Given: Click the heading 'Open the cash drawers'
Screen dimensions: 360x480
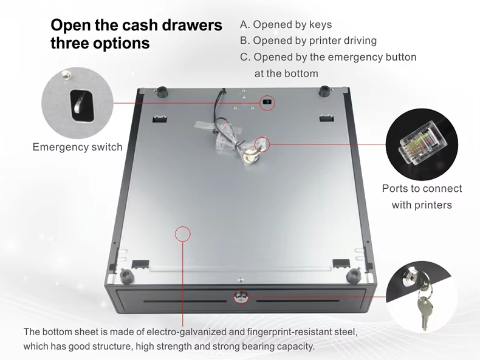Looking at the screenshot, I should [x=136, y=25].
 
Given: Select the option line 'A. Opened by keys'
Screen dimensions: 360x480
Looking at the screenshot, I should [x=286, y=25].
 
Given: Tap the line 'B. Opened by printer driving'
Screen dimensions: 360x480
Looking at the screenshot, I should [x=308, y=41].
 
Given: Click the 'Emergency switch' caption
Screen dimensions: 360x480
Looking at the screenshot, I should [x=77, y=147].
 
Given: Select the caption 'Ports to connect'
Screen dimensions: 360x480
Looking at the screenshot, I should [x=422, y=189].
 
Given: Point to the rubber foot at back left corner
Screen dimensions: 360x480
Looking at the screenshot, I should [x=162, y=91].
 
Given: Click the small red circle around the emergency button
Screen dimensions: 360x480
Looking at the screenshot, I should [x=267, y=103].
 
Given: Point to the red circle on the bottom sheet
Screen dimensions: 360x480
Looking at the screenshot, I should [x=182, y=233].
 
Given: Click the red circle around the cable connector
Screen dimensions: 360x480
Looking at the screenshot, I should [x=262, y=144].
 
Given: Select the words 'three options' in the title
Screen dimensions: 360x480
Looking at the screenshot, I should [x=100, y=44].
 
